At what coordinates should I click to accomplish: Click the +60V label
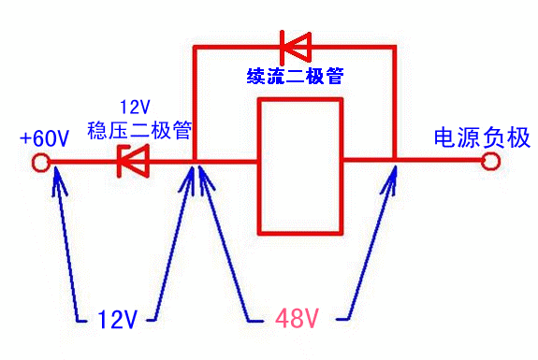(x=44, y=138)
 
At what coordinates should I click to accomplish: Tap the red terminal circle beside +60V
(x=41, y=163)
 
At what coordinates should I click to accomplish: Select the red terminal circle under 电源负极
(x=490, y=161)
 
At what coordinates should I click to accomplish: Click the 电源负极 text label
(x=482, y=138)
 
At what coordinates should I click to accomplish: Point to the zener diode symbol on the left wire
(x=133, y=161)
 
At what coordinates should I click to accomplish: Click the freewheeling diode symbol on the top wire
(x=296, y=48)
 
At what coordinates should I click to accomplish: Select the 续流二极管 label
(x=295, y=76)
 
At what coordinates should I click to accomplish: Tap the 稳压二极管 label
(x=139, y=130)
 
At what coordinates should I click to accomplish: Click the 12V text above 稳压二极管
(x=135, y=108)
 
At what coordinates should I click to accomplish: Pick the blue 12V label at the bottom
(x=118, y=320)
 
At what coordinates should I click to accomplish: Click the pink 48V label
(x=298, y=319)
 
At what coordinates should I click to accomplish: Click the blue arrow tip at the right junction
(x=396, y=167)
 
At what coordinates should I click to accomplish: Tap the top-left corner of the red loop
(x=195, y=48)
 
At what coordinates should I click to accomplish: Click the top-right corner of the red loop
(x=394, y=48)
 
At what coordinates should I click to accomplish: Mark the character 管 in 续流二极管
(x=335, y=76)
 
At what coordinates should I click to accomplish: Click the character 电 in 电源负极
(x=445, y=138)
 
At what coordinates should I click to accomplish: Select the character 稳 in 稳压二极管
(x=97, y=130)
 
